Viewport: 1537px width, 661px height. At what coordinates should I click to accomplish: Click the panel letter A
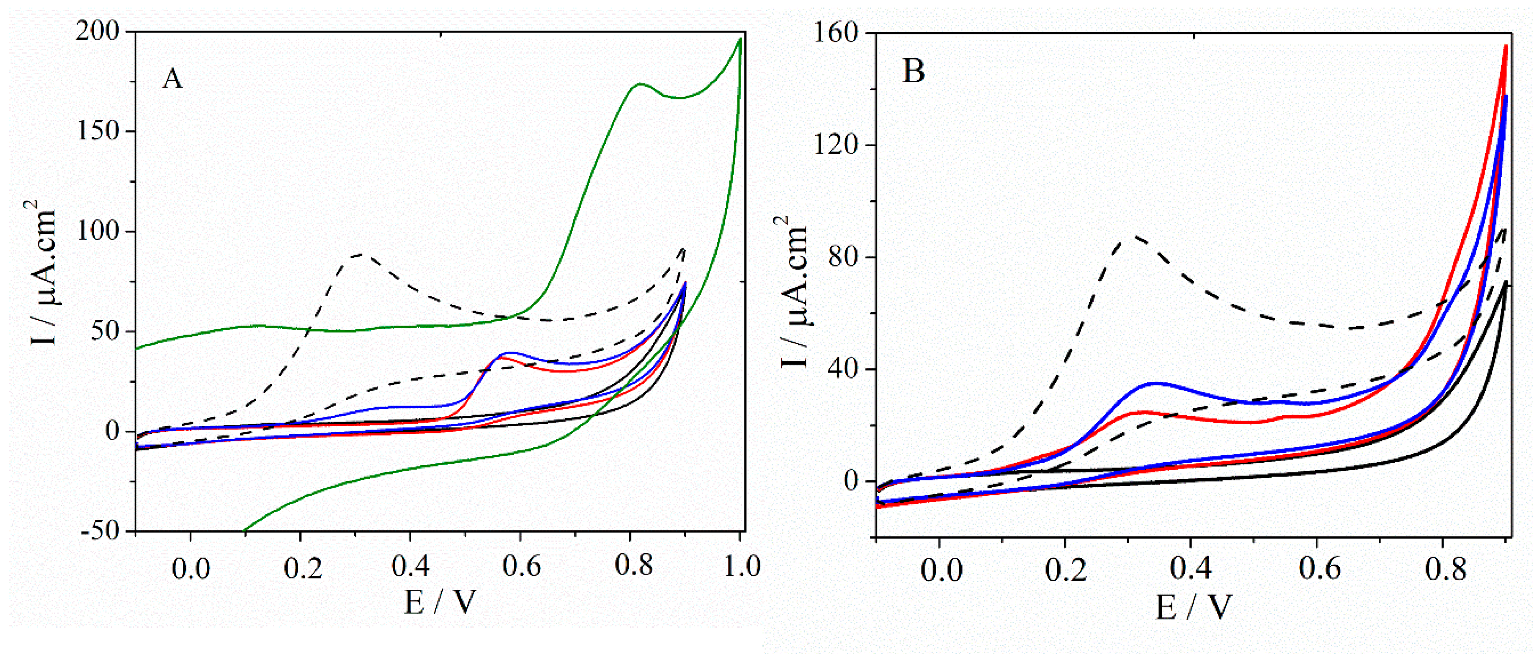pyautogui.click(x=172, y=79)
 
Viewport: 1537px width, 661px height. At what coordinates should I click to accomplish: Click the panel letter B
pyautogui.click(x=914, y=72)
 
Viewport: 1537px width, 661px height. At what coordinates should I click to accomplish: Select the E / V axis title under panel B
pyautogui.click(x=1193, y=607)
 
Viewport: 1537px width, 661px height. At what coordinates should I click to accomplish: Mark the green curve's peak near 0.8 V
pyautogui.click(x=640, y=84)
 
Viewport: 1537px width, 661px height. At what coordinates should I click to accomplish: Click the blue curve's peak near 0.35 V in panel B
pyautogui.click(x=1156, y=383)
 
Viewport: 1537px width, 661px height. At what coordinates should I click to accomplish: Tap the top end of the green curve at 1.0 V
pyautogui.click(x=740, y=39)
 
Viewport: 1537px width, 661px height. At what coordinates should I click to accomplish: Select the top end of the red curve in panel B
pyautogui.click(x=1506, y=46)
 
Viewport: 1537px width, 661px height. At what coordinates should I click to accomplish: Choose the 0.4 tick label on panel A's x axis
pyautogui.click(x=410, y=566)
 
